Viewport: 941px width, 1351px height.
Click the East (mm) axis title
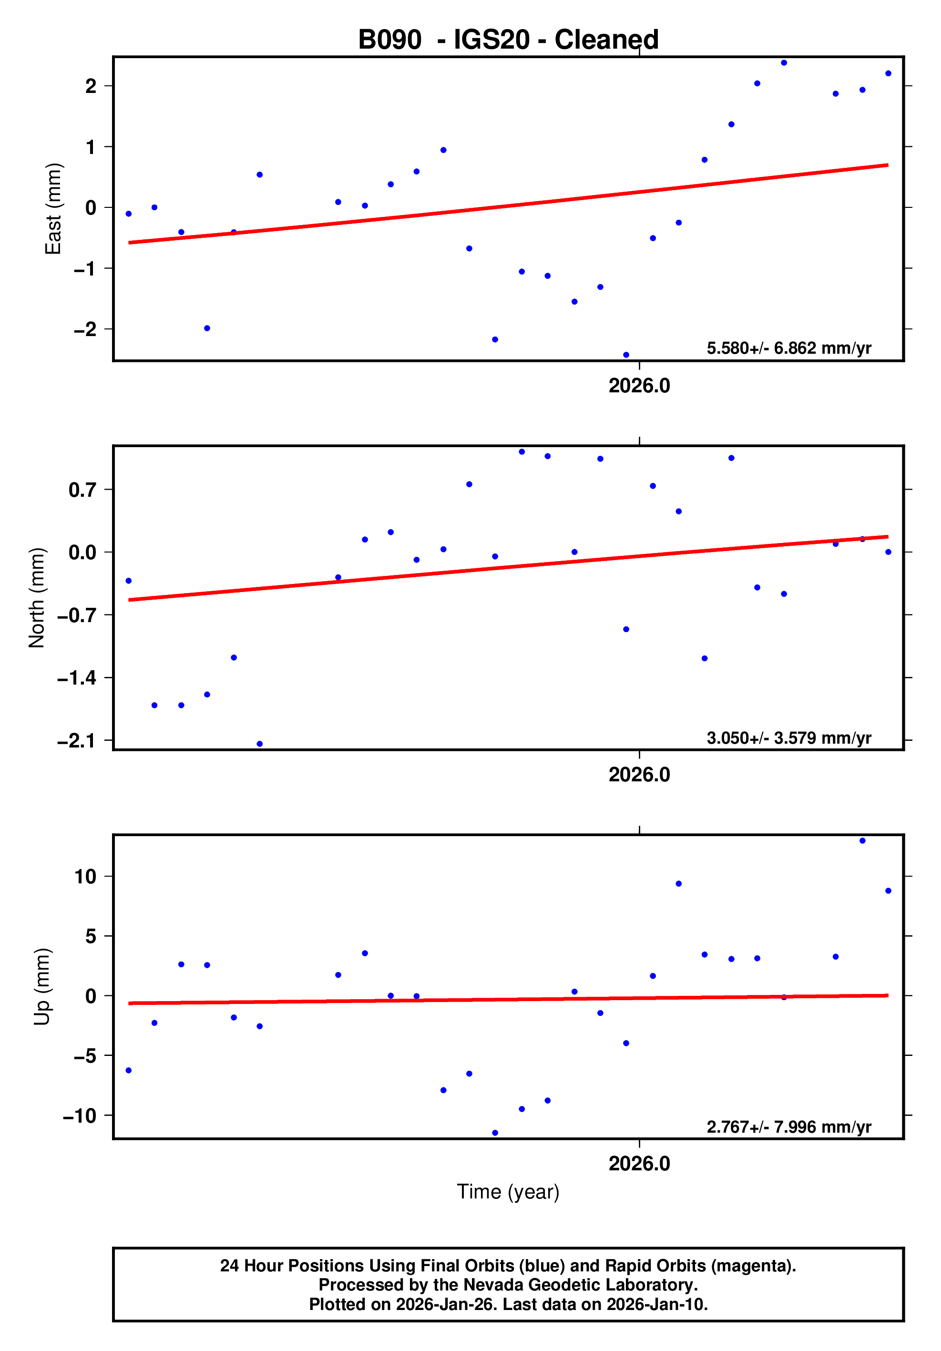53,209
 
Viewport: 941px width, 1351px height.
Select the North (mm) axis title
37,598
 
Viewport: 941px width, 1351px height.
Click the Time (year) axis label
508,1191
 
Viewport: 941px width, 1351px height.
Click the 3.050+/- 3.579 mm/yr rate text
788,738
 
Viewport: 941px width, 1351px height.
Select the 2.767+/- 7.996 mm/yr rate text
788,1127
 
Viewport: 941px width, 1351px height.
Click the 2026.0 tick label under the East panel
639,386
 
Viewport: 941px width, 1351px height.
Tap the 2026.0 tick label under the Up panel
639,1164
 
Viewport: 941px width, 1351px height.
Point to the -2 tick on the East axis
85,329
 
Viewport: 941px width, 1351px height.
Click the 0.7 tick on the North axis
82,490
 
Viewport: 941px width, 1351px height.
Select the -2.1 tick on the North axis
76,741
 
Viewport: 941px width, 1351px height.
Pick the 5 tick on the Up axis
91,936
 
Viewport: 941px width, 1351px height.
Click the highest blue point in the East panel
784,63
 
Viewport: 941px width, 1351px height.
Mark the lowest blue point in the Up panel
495,1133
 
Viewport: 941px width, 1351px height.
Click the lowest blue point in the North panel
259,744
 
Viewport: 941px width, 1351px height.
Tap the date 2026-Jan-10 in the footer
657,1304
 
